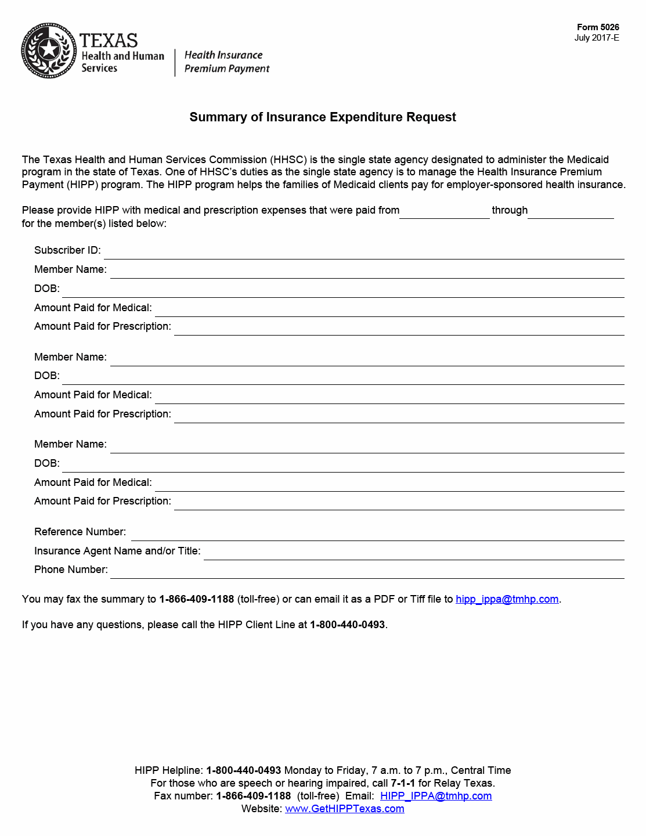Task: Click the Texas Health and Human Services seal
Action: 49,51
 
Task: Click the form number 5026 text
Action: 598,27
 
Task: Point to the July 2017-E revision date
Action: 597,38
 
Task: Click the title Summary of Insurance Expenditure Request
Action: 323,117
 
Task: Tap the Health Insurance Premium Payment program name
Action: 226,62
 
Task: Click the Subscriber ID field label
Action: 67,250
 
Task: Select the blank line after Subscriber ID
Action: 364,253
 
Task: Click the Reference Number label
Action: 80,532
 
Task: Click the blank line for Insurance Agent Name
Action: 413,554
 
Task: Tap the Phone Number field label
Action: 71,570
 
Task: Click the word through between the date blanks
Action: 510,210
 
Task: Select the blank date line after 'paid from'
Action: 445,213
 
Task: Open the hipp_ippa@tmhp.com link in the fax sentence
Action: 507,599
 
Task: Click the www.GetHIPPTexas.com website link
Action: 345,809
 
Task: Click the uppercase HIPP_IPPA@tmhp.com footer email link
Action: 436,796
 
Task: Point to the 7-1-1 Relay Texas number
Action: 403,783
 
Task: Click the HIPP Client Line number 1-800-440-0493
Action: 347,625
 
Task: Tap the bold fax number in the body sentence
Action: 196,599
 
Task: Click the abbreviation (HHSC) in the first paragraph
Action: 288,160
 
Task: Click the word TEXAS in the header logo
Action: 109,41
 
